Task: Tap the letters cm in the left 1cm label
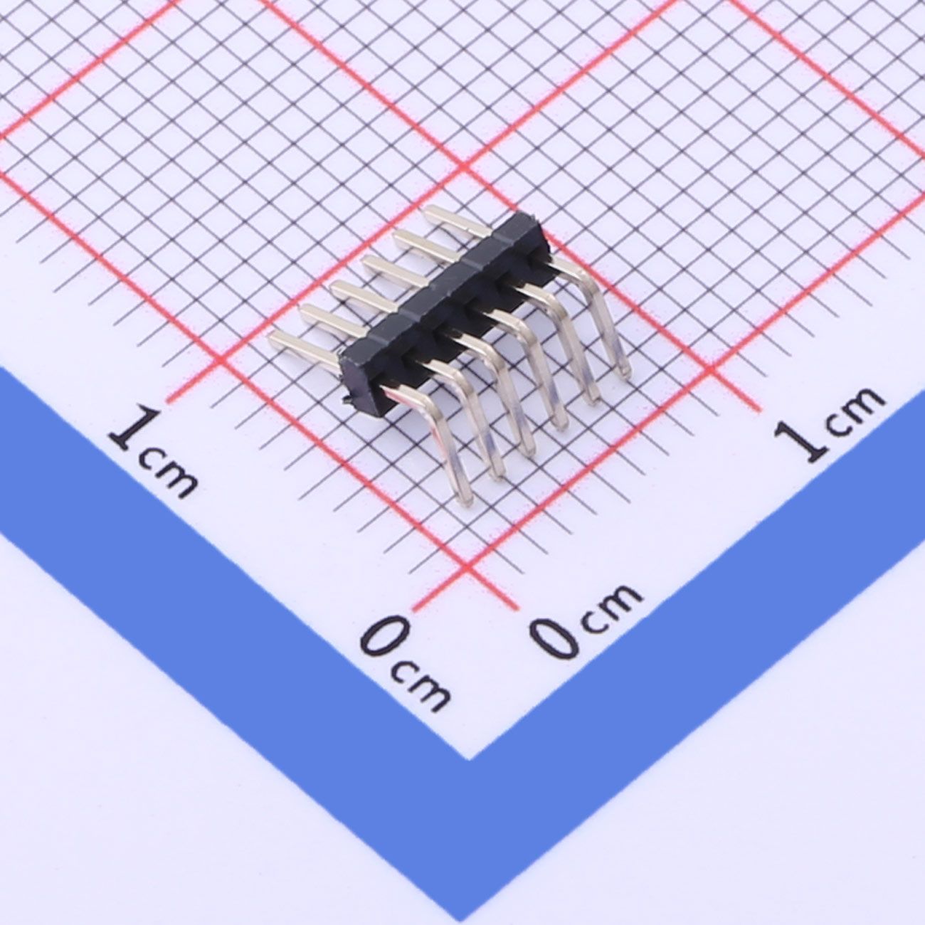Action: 168,475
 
